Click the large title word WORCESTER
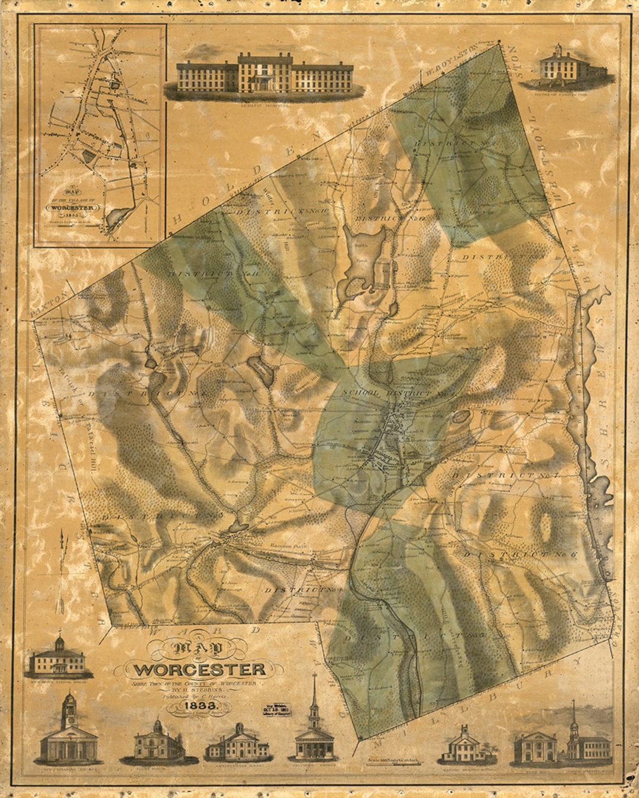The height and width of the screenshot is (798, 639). [x=200, y=670]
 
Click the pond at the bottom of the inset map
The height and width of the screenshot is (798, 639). [x=118, y=218]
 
